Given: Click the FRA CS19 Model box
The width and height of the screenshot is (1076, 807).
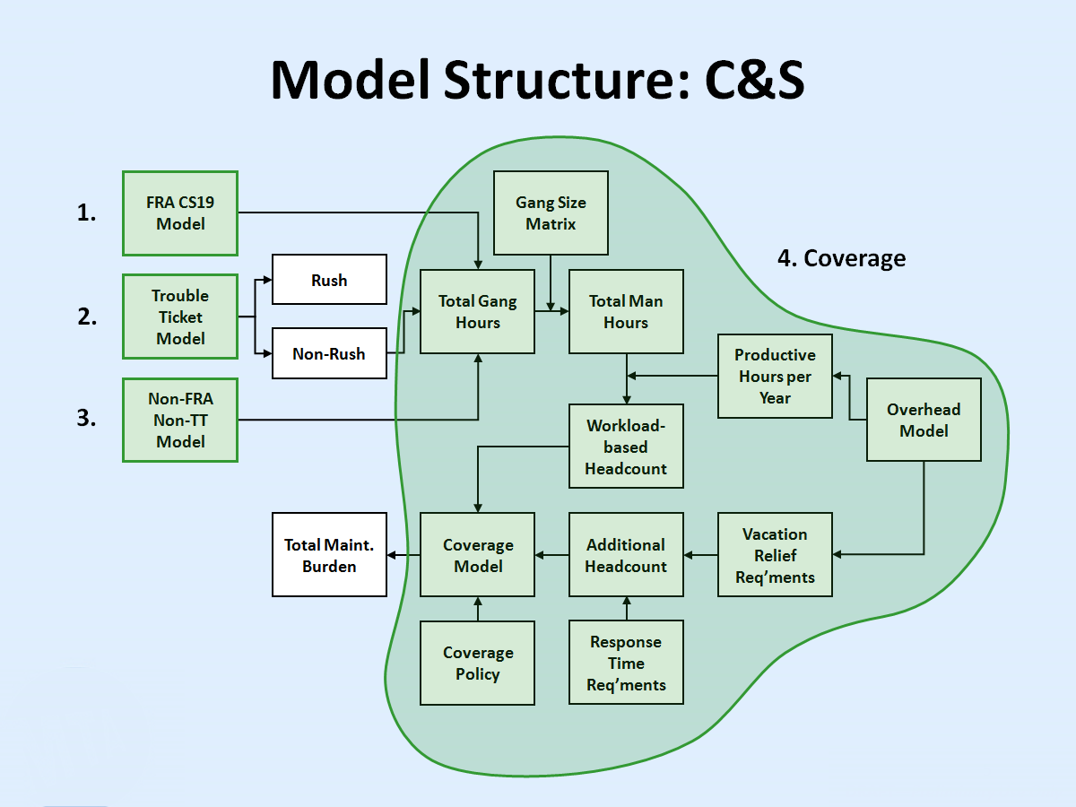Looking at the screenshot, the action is pyautogui.click(x=180, y=213).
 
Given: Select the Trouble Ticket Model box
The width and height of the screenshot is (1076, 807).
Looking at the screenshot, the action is pyautogui.click(x=180, y=317).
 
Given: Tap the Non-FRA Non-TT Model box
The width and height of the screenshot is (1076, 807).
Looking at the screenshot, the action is pyautogui.click(x=180, y=420).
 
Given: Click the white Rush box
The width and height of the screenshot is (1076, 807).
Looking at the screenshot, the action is pyautogui.click(x=329, y=279).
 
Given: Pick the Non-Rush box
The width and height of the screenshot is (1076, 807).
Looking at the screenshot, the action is pyautogui.click(x=329, y=353).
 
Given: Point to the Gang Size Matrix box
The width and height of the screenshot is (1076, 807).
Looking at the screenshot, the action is pyautogui.click(x=551, y=213).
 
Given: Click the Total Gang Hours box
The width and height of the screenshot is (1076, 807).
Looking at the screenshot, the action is pyautogui.click(x=477, y=311).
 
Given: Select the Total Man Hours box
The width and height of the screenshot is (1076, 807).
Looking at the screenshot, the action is pyautogui.click(x=626, y=311).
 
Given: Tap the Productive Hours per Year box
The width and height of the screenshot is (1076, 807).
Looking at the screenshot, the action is pyautogui.click(x=775, y=376).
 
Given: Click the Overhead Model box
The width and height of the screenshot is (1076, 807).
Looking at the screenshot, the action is pyautogui.click(x=924, y=420).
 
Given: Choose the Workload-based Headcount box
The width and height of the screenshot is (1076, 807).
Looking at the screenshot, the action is pyautogui.click(x=626, y=446).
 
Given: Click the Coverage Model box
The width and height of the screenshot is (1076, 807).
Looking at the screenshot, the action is pyautogui.click(x=477, y=555).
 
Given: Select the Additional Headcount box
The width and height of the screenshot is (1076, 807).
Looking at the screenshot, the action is pyautogui.click(x=626, y=555).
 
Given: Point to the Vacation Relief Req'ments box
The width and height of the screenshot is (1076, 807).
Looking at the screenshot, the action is pyautogui.click(x=775, y=555).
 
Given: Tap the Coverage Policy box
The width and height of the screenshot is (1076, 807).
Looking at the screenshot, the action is pyautogui.click(x=477, y=663).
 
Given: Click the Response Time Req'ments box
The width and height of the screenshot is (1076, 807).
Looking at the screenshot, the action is pyautogui.click(x=626, y=663).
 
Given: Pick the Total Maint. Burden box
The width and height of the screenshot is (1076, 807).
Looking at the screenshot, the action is pyautogui.click(x=329, y=555).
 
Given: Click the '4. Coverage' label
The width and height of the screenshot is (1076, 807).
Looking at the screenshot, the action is pyautogui.click(x=841, y=258).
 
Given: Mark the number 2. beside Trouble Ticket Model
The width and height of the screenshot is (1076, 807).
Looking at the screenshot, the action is pyautogui.click(x=87, y=317).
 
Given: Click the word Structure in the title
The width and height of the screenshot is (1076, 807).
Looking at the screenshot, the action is pyautogui.click(x=566, y=80).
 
